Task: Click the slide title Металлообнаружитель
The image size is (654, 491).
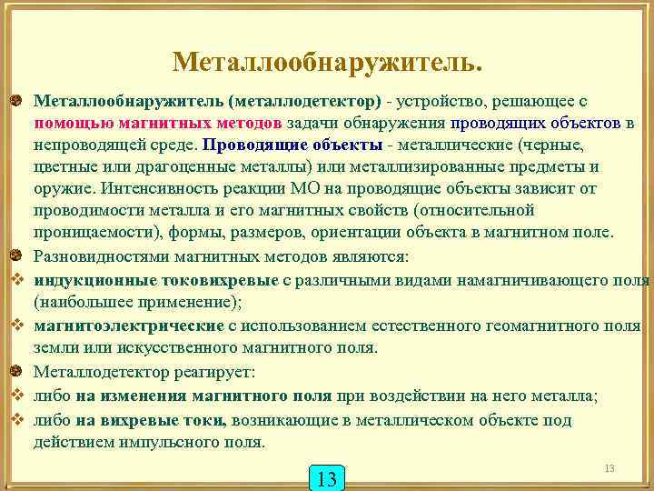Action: (x=327, y=62)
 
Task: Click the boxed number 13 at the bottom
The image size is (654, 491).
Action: (x=328, y=477)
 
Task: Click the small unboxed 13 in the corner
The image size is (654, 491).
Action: (x=609, y=467)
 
